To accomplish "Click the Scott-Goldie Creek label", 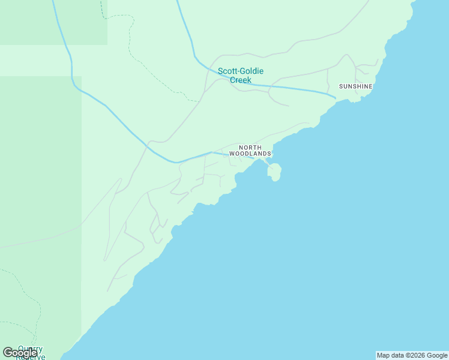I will click(x=240, y=75).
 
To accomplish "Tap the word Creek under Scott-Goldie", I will click(x=240, y=80).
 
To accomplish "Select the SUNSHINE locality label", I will click(x=356, y=86).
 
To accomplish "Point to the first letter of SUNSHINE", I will click(x=341, y=86).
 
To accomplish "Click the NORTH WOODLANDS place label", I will click(x=250, y=151).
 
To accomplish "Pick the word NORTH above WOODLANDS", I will click(x=250, y=148).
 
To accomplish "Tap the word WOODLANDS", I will click(x=250, y=154).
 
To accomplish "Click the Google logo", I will click(x=20, y=353).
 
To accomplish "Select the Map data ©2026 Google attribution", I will click(x=412, y=355).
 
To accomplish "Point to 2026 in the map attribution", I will click(x=418, y=355).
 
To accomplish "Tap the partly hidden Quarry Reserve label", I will click(x=30, y=352).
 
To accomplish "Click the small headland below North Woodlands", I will click(x=275, y=172).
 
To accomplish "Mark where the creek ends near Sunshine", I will click(x=334, y=96).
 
